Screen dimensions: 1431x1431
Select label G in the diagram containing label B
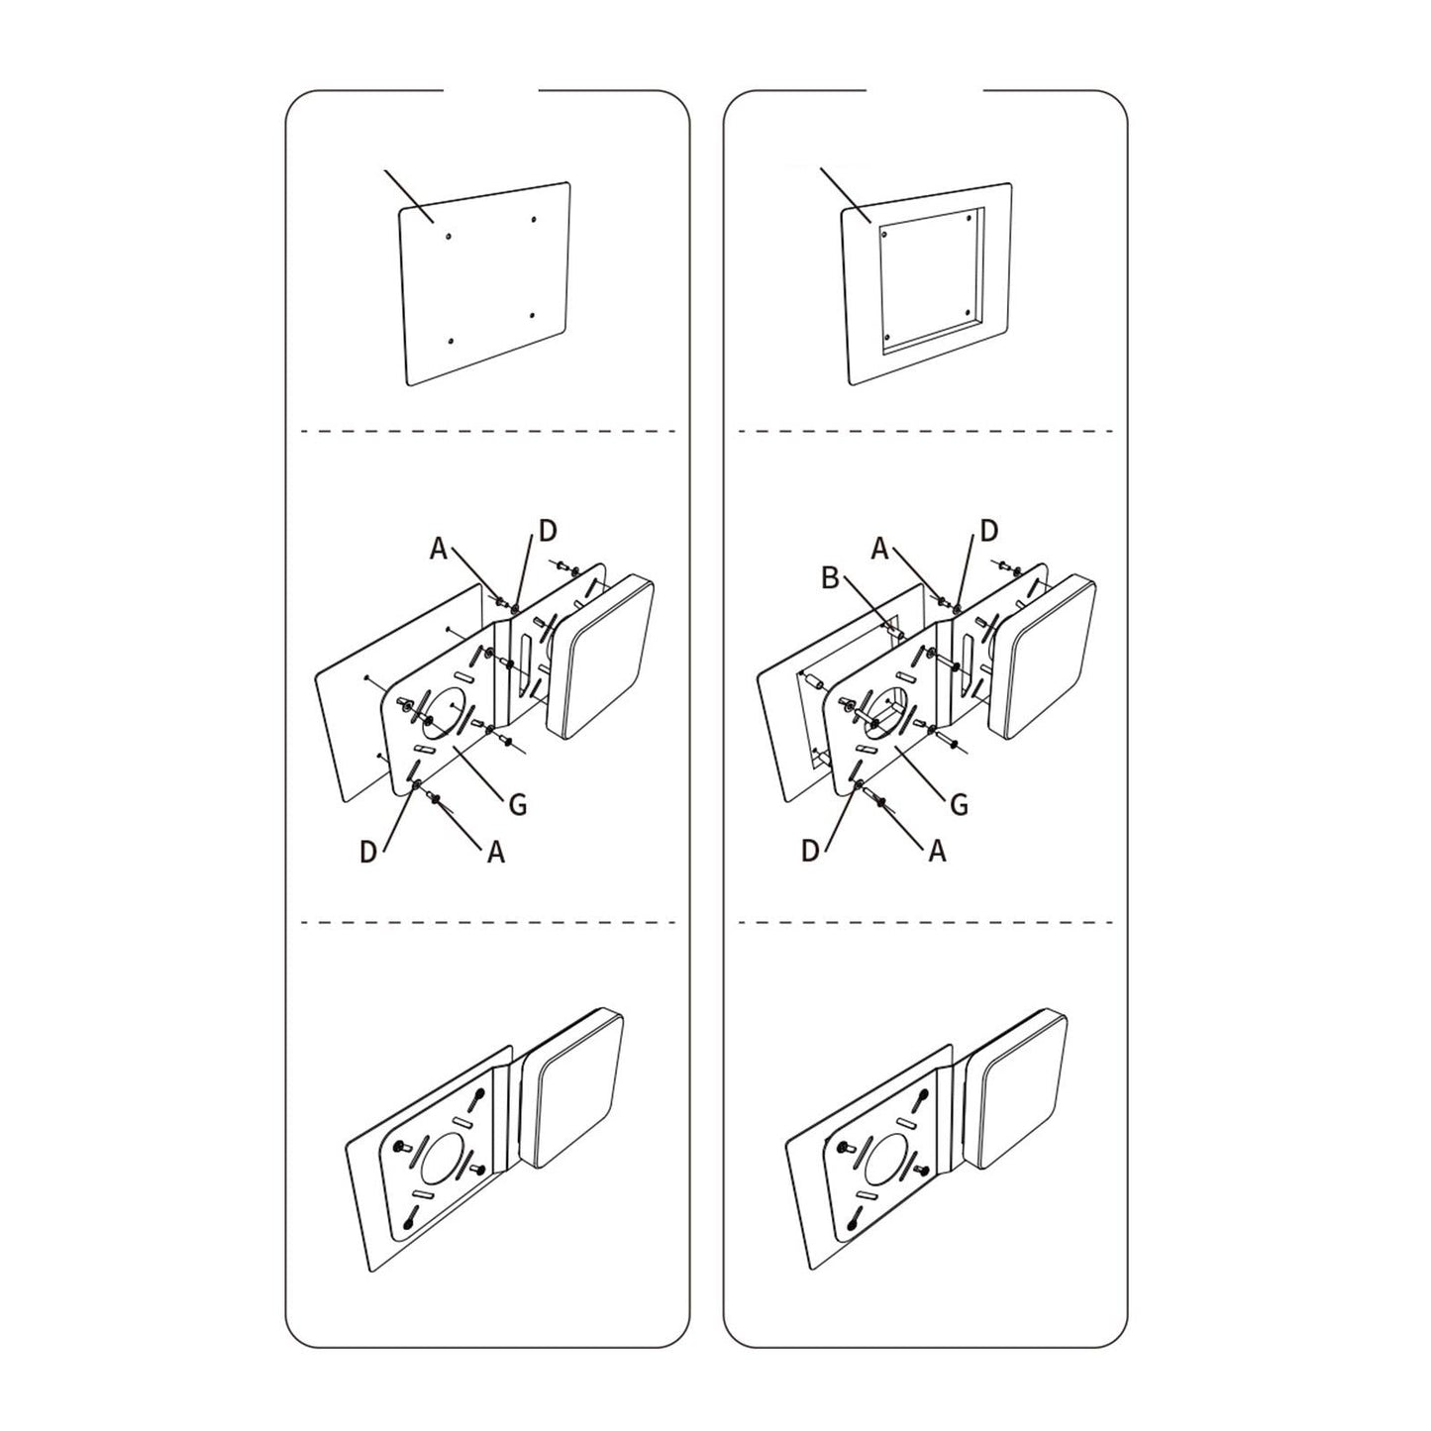tap(958, 804)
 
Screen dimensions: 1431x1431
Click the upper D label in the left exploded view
tap(548, 532)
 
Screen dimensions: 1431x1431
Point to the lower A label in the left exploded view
tap(496, 851)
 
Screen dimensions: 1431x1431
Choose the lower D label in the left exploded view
tap(368, 852)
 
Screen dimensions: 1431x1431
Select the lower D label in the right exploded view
tap(810, 852)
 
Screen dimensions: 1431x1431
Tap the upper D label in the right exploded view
tap(988, 532)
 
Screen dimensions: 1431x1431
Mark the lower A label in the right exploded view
tap(937, 851)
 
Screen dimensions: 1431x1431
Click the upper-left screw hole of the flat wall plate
tap(449, 237)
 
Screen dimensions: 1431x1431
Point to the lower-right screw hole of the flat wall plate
tap(532, 316)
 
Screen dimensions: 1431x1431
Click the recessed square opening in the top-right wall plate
tap(929, 280)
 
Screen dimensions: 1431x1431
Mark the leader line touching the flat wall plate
tap(408, 194)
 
